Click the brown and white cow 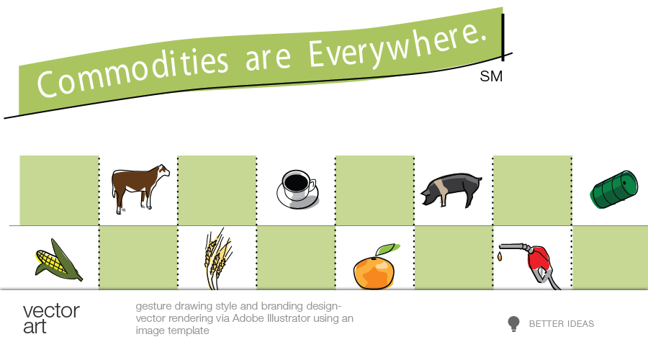138,188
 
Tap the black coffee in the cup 297,182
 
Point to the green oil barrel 613,189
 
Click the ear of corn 58,261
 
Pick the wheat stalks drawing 217,258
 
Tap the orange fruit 374,272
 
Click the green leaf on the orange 387,249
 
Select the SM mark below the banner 491,76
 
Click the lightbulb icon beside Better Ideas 513,323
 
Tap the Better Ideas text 562,323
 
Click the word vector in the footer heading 51,311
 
